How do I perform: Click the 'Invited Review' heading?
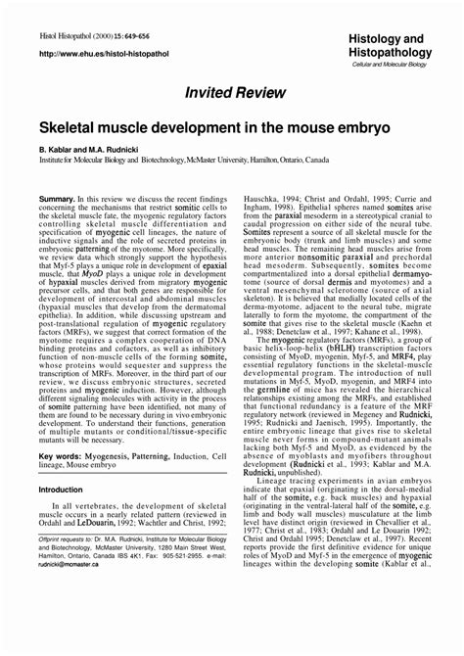[231, 90]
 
